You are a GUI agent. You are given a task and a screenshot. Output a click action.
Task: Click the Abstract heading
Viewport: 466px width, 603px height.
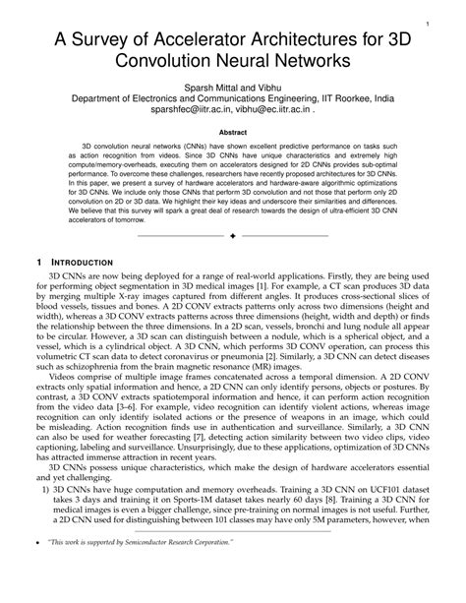(232, 130)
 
